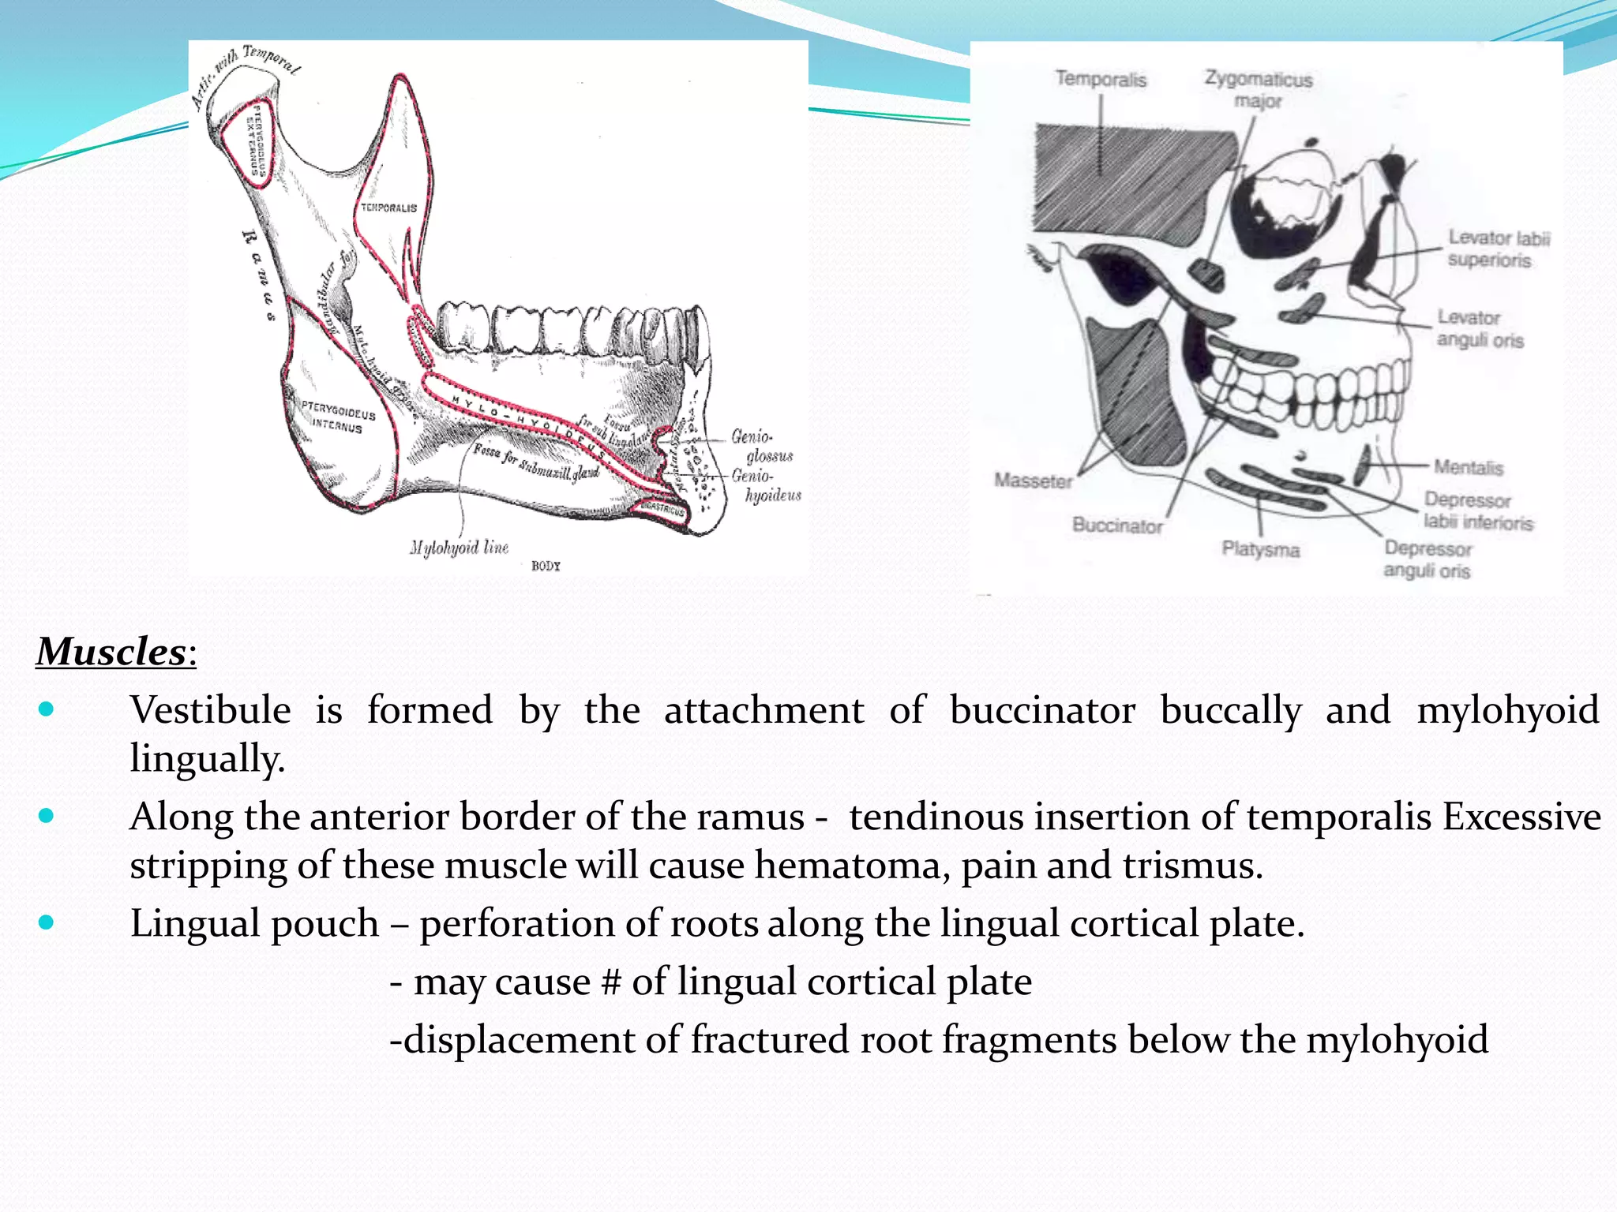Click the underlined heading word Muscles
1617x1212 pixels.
click(111, 652)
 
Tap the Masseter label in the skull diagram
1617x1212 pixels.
click(1033, 481)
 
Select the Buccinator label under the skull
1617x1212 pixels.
click(1116, 526)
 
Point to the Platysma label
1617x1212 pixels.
click(1260, 549)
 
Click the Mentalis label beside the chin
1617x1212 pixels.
click(1468, 467)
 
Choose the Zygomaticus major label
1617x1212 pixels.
click(1258, 89)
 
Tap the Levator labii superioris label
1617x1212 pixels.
click(1498, 249)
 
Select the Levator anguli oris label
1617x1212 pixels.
click(1479, 328)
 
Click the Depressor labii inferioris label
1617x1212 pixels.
click(1477, 511)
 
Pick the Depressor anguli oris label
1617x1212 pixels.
click(1427, 559)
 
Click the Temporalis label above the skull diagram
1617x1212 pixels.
click(1101, 79)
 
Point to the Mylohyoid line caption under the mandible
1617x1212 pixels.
click(459, 548)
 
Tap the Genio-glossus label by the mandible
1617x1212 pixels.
click(761, 446)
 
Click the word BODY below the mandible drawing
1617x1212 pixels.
click(546, 566)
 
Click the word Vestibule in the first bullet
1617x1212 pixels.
click(210, 709)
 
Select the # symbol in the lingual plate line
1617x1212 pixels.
click(610, 982)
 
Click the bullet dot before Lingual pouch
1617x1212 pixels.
click(46, 922)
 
